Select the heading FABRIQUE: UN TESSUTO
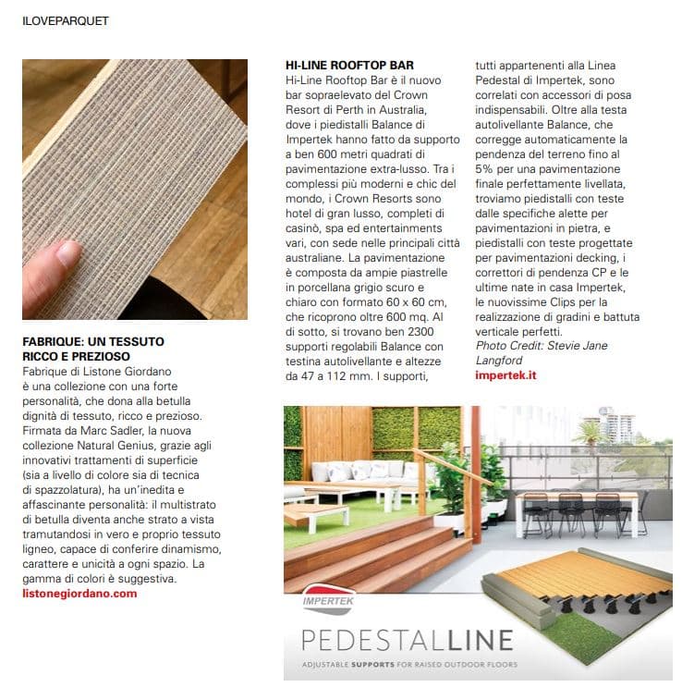pos(93,341)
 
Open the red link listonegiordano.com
pos(79,593)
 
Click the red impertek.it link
pos(505,374)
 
